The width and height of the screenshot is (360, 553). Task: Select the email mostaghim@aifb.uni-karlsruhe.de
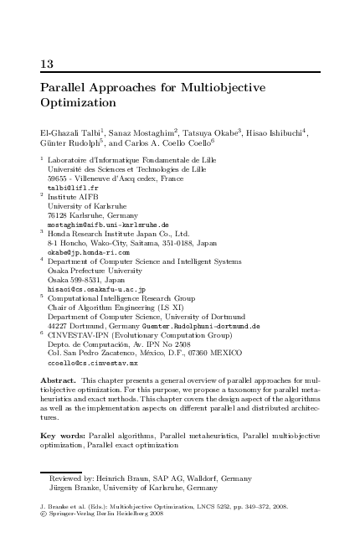108,225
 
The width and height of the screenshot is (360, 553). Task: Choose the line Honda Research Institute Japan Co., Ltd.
119,234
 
